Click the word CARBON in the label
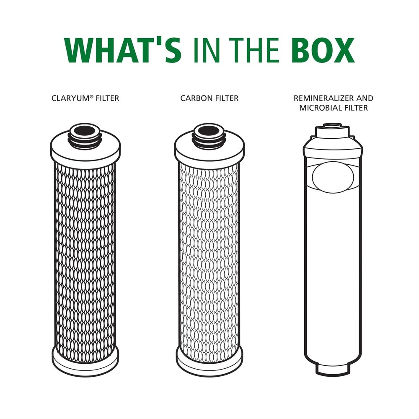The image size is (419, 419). point(195,98)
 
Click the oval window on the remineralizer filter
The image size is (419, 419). point(334,175)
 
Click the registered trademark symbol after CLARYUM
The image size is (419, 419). point(89,97)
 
